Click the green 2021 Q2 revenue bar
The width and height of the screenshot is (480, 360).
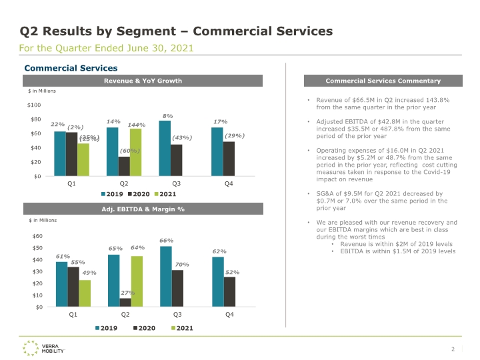135,153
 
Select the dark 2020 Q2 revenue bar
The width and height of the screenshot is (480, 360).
124,167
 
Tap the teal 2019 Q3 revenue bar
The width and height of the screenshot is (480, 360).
165,149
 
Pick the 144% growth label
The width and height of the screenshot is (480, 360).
137,125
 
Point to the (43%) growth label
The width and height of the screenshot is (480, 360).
182,138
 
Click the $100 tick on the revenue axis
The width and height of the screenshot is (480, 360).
34,105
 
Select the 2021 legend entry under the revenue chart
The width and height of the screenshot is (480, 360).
165,194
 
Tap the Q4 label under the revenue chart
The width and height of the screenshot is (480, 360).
229,184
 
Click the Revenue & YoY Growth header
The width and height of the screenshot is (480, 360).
143,81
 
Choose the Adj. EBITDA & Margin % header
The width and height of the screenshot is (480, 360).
143,209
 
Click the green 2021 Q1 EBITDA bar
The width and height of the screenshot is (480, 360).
85,293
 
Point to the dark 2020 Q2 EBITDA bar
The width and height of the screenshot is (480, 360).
125,303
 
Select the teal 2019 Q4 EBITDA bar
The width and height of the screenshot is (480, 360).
218,282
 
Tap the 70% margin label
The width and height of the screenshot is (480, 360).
182,265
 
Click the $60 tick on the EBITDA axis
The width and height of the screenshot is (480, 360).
37,236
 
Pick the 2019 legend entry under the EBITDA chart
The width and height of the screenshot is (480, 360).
106,328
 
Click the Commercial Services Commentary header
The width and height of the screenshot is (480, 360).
383,81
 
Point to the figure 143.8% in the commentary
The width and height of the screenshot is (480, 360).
438,100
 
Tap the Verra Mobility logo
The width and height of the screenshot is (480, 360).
43,349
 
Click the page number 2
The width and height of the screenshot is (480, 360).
453,349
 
